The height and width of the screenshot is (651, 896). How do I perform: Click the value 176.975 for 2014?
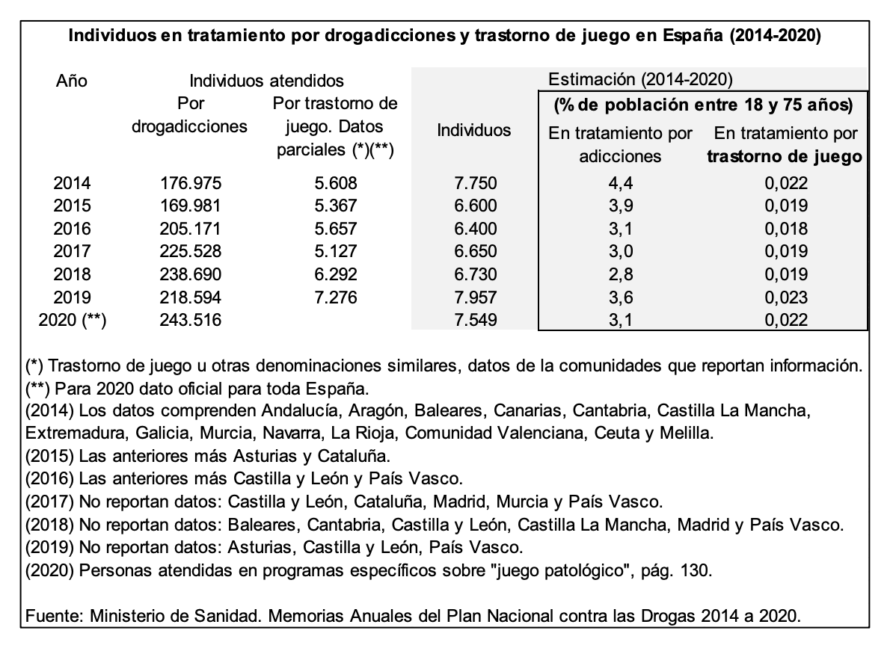pyautogui.click(x=190, y=182)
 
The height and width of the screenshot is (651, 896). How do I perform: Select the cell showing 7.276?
pyautogui.click(x=335, y=297)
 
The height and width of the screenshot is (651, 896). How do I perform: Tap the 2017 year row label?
pyautogui.click(x=72, y=251)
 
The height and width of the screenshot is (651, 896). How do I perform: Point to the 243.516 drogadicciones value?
pyautogui.click(x=190, y=320)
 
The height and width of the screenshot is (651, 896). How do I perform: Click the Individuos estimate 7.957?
pyautogui.click(x=476, y=297)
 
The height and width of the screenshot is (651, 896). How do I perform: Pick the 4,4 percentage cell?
pyautogui.click(x=621, y=182)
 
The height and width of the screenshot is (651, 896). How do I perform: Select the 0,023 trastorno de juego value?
pyautogui.click(x=786, y=297)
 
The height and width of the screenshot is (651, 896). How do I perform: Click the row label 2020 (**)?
pyautogui.click(x=72, y=320)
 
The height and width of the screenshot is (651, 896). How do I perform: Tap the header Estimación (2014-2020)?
pyautogui.click(x=640, y=79)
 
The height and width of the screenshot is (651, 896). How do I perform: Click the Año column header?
pyautogui.click(x=72, y=81)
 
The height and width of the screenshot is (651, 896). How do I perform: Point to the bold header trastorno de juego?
pyautogui.click(x=785, y=156)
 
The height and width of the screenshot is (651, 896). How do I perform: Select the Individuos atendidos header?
pyautogui.click(x=266, y=81)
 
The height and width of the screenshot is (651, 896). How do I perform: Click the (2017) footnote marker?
pyautogui.click(x=49, y=502)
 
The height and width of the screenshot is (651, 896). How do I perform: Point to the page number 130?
pyautogui.click(x=696, y=570)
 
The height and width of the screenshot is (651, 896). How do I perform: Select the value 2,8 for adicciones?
pyautogui.click(x=621, y=274)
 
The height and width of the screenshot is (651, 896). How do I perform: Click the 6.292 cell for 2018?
pyautogui.click(x=335, y=274)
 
